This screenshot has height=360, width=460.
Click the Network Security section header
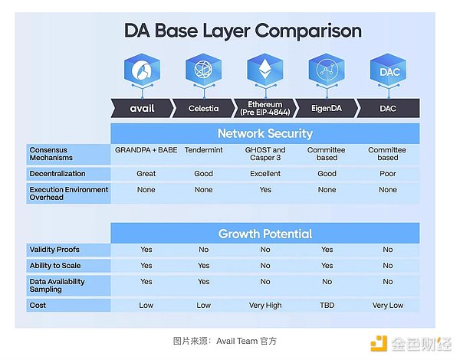pos(265,133)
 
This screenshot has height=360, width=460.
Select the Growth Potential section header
pos(265,234)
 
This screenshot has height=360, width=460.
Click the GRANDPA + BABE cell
pos(146,150)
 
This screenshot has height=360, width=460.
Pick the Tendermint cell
pos(204,150)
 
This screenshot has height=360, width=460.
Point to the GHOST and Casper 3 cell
pos(265,154)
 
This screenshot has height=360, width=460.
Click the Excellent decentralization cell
pos(265,174)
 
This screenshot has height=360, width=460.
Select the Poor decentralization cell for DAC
pos(388,174)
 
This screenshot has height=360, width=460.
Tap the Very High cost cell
pos(265,306)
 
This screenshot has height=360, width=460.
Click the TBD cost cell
pos(327,306)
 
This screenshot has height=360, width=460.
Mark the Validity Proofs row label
pos(54,250)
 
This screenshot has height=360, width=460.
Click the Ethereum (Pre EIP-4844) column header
pos(265,108)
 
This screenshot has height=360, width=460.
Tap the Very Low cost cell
pos(388,306)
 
